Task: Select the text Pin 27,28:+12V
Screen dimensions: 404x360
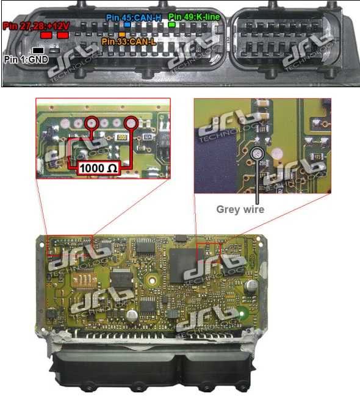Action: point(35,26)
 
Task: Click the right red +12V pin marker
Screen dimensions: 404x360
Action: point(63,36)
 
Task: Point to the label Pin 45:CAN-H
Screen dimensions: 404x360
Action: point(133,18)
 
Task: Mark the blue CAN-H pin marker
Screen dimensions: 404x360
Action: point(127,26)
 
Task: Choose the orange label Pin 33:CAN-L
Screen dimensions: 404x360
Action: point(129,41)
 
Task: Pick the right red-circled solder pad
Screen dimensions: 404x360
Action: point(130,124)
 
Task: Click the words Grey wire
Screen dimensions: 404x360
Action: point(240,209)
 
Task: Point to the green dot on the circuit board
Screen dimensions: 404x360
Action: point(244,316)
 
